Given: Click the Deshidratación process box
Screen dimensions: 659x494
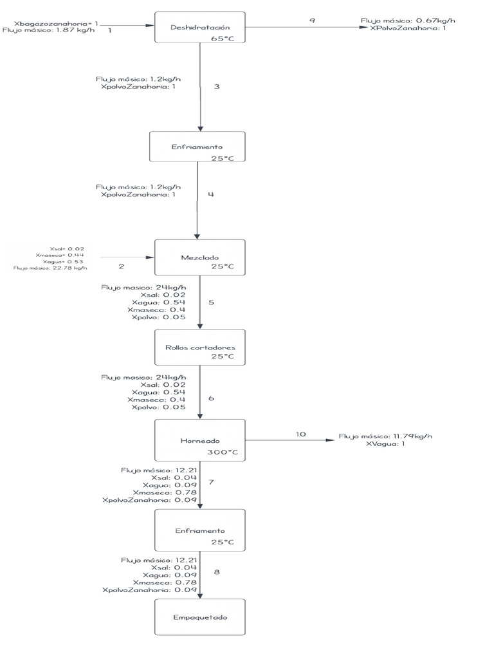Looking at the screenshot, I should pos(200,27).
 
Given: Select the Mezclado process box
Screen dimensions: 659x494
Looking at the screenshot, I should pos(200,257).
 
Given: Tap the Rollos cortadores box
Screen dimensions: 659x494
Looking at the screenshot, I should pos(200,348).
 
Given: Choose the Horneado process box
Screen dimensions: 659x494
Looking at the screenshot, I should pos(200,441).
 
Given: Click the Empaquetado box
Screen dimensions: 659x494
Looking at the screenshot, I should pos(200,617).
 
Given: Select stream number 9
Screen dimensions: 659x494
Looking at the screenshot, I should pos(312,21).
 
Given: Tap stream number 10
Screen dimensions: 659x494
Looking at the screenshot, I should pos(301,434).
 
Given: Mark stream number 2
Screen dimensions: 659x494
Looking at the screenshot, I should pos(122,265).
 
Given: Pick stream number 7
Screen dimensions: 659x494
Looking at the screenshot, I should pos(212,482).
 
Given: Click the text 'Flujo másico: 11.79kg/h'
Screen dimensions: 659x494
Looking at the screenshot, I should pos(386,436).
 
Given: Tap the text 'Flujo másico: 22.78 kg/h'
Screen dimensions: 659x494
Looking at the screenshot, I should pos(50,268).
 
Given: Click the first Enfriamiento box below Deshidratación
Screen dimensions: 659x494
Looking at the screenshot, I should pos(198,147).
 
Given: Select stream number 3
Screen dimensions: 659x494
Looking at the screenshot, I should pos(217,86).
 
